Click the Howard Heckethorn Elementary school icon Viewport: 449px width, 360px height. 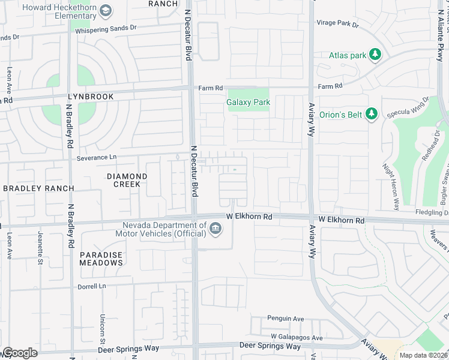click(106, 10)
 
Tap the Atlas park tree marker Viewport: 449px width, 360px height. click(375, 55)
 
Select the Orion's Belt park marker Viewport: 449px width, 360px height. click(371, 113)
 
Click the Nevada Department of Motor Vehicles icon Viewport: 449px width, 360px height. click(215, 229)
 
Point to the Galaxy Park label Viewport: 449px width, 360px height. click(248, 102)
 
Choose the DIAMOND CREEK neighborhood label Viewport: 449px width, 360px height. click(127, 180)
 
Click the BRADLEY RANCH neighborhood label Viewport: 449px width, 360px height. click(38, 188)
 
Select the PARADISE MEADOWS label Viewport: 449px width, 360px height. click(101, 259)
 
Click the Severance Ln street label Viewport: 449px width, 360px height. click(97, 158)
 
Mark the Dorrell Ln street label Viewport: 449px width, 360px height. click(91, 287)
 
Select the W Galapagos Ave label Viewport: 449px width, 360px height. click(297, 338)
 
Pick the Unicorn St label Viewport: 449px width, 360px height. click(103, 326)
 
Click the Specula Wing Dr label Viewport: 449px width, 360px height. click(410, 109)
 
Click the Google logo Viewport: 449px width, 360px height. click(20, 353)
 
